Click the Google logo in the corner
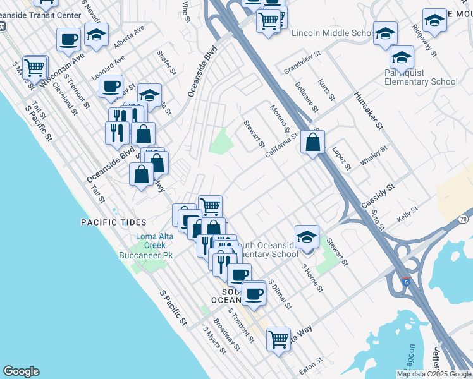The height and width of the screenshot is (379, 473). click(x=21, y=371)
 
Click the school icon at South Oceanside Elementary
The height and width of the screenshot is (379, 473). click(x=307, y=238)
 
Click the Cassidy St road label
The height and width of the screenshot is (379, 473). click(x=378, y=196)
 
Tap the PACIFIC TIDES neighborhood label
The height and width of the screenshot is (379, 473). click(x=113, y=222)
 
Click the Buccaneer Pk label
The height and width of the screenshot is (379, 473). click(x=146, y=255)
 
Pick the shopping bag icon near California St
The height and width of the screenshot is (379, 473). click(x=313, y=143)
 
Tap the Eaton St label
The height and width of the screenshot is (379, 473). click(x=310, y=364)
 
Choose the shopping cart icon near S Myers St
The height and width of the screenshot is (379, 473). click(x=34, y=66)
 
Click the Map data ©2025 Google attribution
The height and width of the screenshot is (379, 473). click(x=434, y=374)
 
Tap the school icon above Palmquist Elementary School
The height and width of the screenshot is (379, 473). click(x=402, y=58)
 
